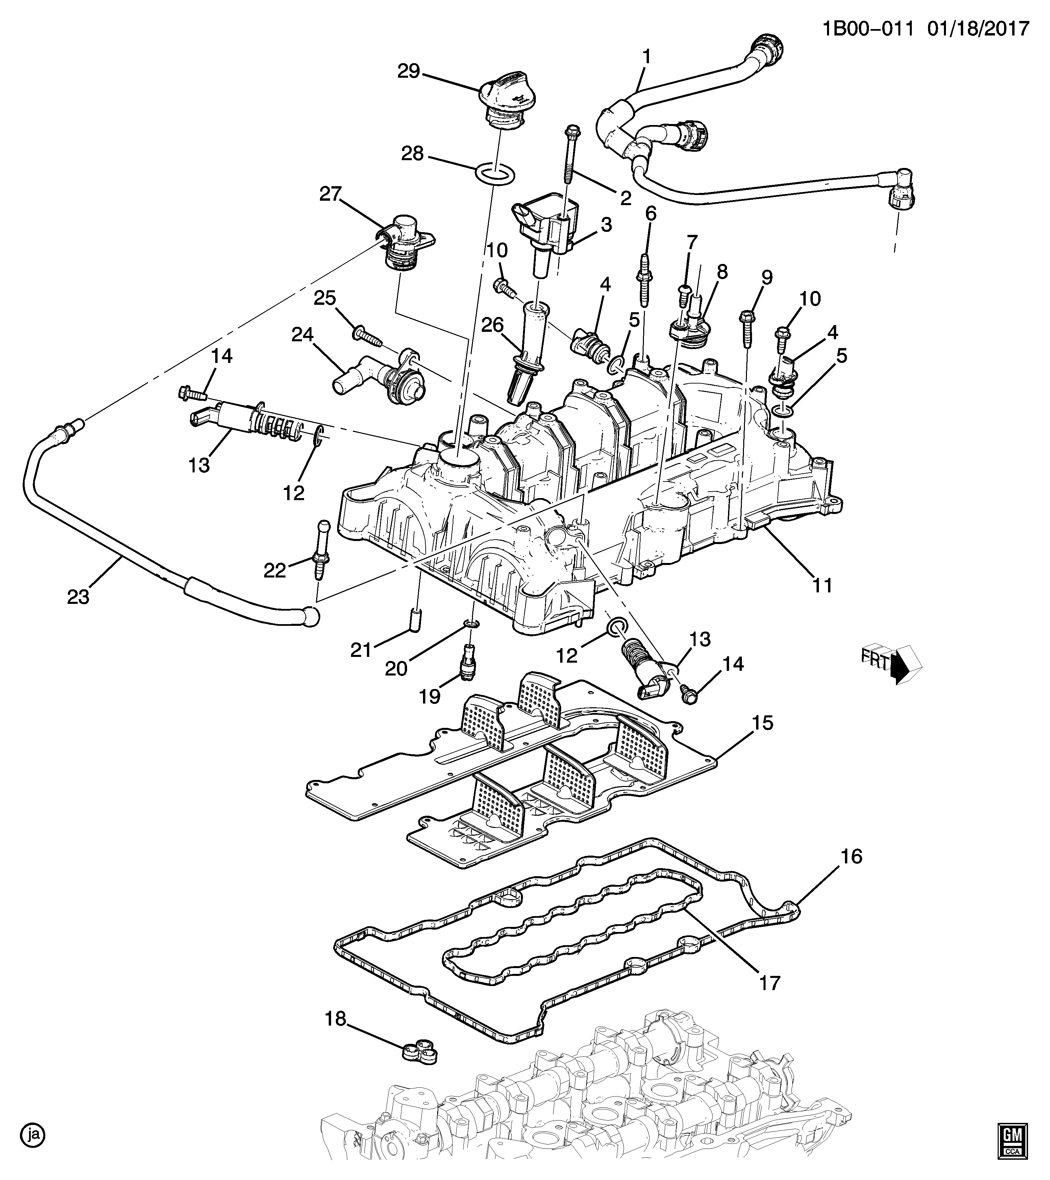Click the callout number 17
point(770,983)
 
